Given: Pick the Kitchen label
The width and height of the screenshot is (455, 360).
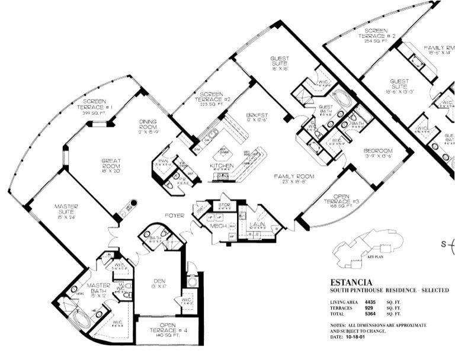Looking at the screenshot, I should coord(222,165).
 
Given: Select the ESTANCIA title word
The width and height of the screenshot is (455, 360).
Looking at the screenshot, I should coord(351,282).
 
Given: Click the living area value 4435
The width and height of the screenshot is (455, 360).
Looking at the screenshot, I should coord(370,302).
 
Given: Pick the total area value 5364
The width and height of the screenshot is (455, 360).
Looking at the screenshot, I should coord(370,314).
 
